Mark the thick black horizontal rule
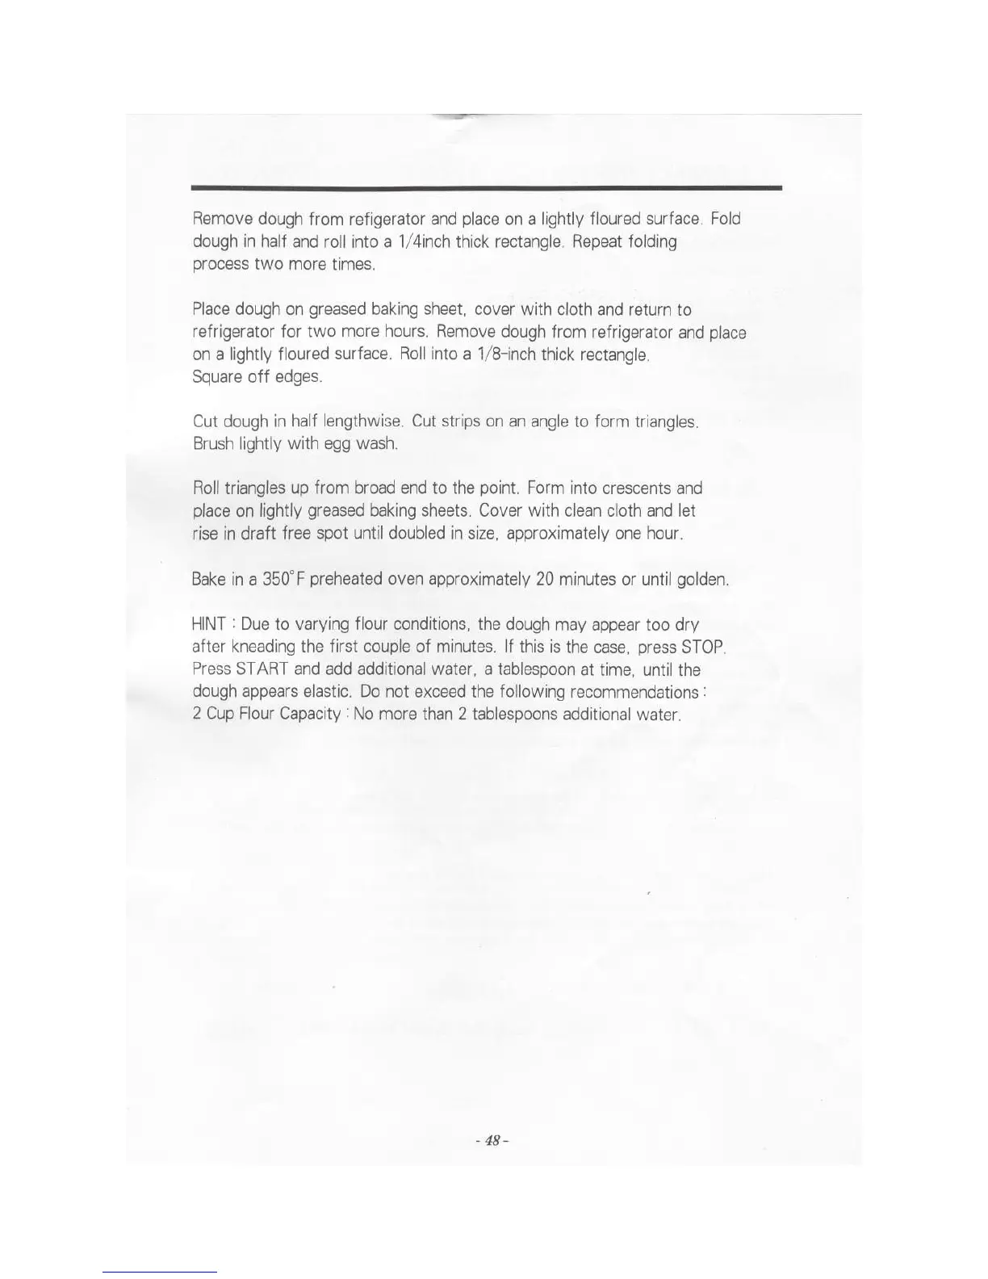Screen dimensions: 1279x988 [x=487, y=187]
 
